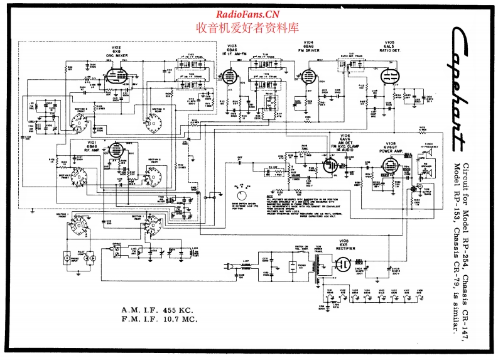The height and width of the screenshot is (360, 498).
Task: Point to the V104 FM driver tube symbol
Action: click(308, 77)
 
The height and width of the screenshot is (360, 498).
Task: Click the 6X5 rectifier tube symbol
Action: click(344, 266)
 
